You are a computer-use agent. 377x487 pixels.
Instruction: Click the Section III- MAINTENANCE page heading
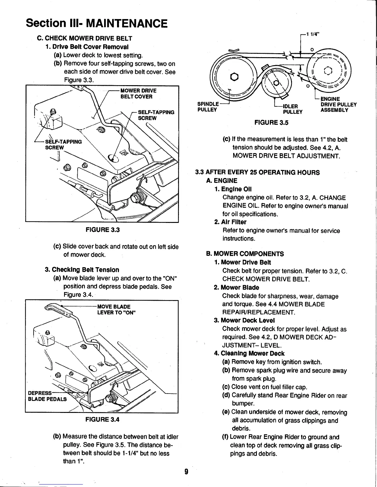pos(97,23)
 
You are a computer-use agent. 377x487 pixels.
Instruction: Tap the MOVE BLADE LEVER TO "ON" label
pos(116,309)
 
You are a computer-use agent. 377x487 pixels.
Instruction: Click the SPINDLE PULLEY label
pos(208,106)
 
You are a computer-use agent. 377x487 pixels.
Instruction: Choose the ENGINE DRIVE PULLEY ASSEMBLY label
pos(338,104)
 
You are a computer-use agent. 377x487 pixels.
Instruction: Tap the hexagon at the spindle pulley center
pos(235,77)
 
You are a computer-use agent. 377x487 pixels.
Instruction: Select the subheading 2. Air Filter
pos(230,222)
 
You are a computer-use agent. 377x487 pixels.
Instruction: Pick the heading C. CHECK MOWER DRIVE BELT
pos(84,38)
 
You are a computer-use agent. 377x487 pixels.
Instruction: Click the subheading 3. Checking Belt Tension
pos(82,270)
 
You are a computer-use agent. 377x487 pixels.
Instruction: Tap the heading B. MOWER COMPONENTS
pos(245,254)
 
